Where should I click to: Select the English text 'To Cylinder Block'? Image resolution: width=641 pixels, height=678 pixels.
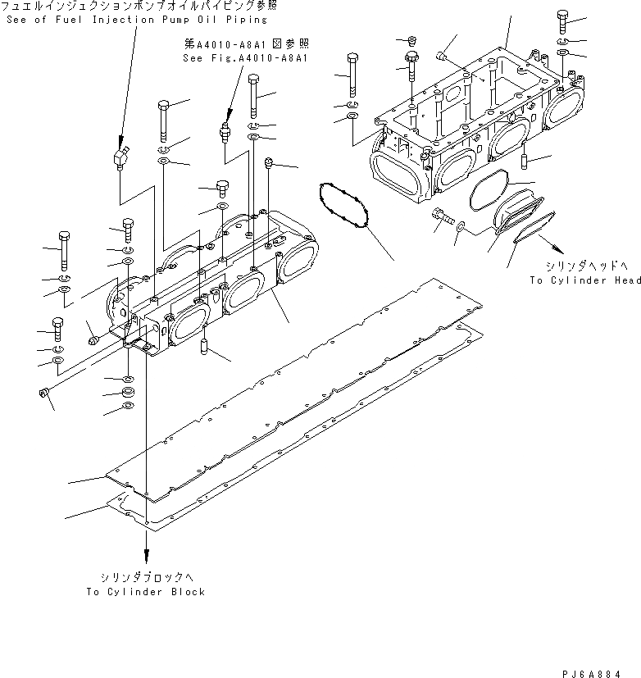point(146,591)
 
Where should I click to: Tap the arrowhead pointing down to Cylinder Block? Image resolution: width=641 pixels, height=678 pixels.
point(147,557)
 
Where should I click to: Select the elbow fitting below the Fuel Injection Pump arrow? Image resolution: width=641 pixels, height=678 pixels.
point(120,157)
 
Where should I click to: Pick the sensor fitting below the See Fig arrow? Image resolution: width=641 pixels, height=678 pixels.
point(223,132)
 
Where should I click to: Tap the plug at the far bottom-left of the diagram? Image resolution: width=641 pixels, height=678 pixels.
point(45,394)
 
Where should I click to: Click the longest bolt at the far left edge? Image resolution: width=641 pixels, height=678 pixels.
point(62,250)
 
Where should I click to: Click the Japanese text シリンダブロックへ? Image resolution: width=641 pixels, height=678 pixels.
point(146,577)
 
